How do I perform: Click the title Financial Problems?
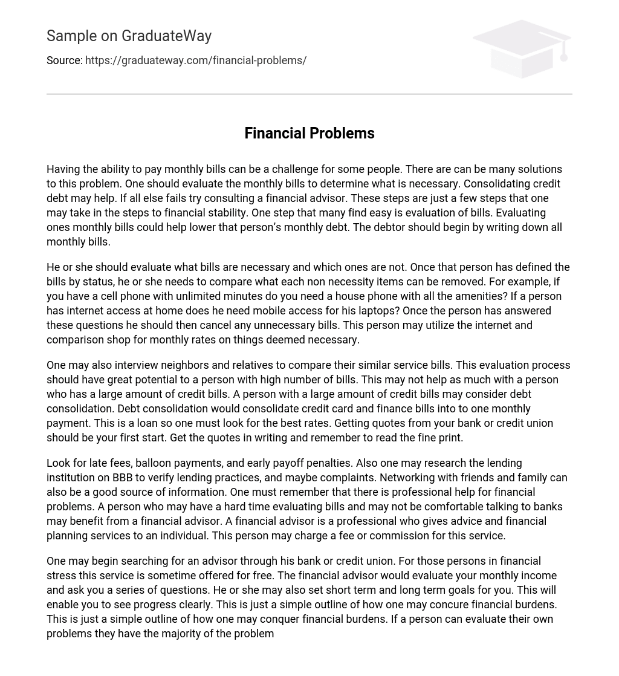(x=309, y=133)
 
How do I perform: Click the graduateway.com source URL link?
(x=195, y=60)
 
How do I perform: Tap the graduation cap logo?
(x=521, y=48)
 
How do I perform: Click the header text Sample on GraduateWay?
(x=129, y=36)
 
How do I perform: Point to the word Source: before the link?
(x=64, y=60)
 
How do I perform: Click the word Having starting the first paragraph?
(x=63, y=169)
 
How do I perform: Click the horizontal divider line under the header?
(x=309, y=94)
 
